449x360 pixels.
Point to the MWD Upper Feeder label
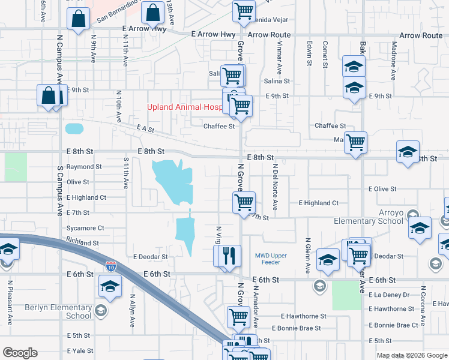271,259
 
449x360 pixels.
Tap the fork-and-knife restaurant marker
229,256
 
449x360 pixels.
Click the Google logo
20,353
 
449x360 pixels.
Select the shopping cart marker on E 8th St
355,143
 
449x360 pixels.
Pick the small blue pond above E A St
74,128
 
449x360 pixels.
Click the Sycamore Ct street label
85,228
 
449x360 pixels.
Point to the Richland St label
83,243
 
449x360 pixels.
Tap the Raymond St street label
83,167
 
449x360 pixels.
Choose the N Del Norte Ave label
275,187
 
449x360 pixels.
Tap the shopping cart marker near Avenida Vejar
244,11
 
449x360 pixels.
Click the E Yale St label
80,351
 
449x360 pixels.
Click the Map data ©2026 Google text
411,355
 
